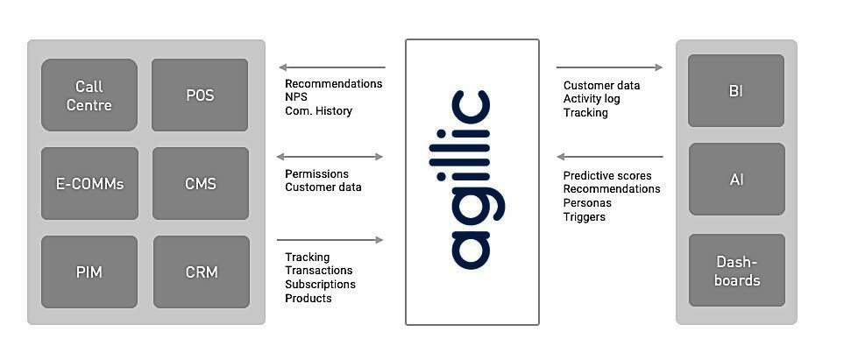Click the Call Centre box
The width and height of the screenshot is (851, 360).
click(x=89, y=95)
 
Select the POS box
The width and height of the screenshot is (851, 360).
click(x=200, y=95)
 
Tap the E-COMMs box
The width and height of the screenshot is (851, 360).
click(x=89, y=183)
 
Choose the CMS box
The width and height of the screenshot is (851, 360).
click(x=201, y=183)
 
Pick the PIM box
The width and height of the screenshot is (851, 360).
click(x=89, y=272)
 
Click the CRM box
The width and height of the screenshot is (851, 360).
click(x=202, y=272)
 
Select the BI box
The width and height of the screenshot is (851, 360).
click(x=736, y=90)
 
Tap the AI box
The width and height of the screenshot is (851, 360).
click(x=736, y=179)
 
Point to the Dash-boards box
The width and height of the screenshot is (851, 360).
click(x=737, y=270)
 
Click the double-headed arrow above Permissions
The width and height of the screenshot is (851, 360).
click(x=330, y=157)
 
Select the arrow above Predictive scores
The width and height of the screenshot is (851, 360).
click(x=610, y=157)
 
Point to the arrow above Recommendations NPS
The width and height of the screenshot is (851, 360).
click(x=332, y=67)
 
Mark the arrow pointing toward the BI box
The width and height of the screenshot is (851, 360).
click(x=609, y=67)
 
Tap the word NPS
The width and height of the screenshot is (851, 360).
click(x=296, y=97)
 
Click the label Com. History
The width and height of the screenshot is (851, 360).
click(x=319, y=111)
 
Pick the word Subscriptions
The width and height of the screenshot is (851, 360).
click(x=320, y=284)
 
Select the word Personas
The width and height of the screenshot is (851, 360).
click(x=587, y=202)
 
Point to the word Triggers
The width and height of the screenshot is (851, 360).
click(x=584, y=217)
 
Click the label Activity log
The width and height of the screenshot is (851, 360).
click(x=592, y=99)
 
